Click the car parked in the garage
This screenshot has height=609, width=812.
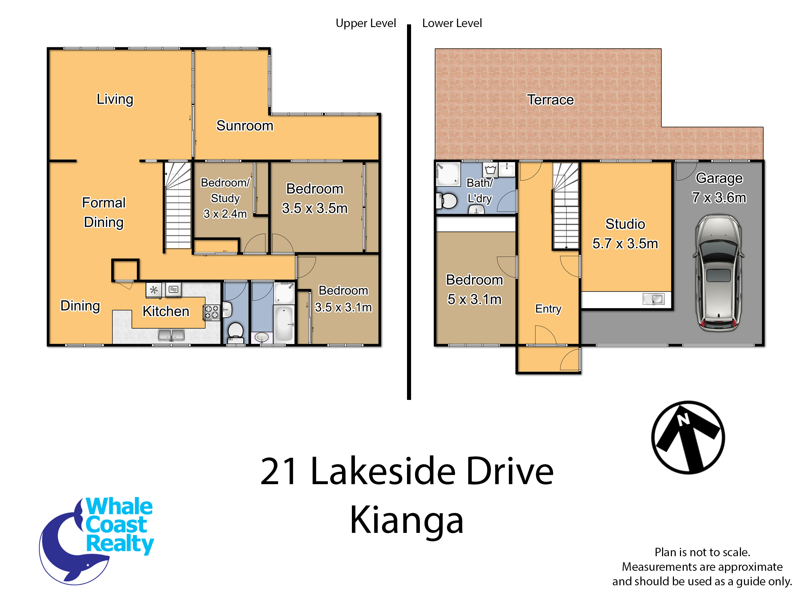point(718,273)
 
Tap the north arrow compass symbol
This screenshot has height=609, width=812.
point(688,437)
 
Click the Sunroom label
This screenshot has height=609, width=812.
point(245,126)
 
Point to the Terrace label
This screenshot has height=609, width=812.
point(550,99)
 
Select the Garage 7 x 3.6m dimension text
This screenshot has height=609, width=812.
point(719,187)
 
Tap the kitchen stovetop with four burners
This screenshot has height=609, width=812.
point(212,312)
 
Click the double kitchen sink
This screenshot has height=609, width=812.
point(171,335)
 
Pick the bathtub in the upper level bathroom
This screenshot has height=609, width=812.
point(284,324)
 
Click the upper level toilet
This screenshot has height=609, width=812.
point(235,331)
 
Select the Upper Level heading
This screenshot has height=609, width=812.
point(366,23)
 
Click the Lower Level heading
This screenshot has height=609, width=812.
point(452,23)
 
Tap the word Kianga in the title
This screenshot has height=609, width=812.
point(407,521)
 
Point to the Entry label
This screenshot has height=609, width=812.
point(548,309)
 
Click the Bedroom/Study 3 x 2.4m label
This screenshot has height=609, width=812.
point(225,198)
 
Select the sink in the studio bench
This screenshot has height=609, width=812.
point(654,299)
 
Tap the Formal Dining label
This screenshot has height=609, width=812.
point(104,212)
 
